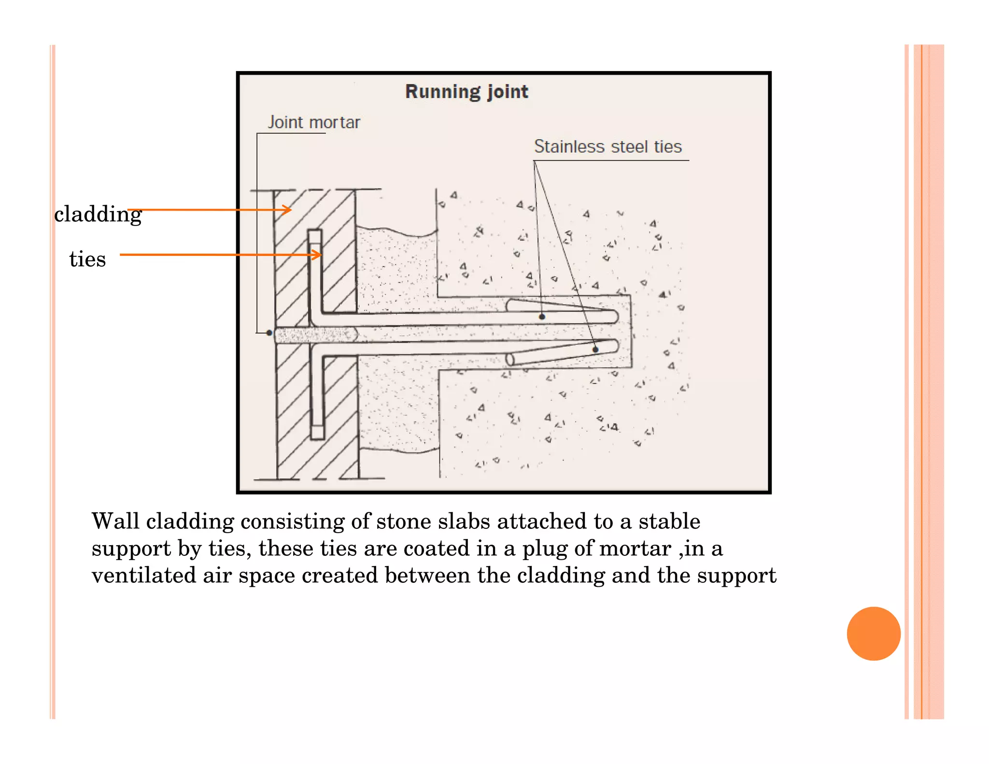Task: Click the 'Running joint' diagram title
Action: point(466,92)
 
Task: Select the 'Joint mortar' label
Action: point(314,123)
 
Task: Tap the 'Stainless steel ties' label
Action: point(608,147)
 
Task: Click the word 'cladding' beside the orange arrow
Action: point(98,214)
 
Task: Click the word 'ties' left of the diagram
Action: point(87,259)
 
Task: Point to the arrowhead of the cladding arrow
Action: point(288,210)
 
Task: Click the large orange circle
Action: point(874,633)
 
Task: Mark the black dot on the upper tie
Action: point(542,317)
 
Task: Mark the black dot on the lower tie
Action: point(595,350)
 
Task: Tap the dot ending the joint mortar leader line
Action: point(269,333)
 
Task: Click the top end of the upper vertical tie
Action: point(315,233)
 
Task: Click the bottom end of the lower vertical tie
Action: point(317,435)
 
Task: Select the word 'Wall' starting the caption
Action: point(115,522)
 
